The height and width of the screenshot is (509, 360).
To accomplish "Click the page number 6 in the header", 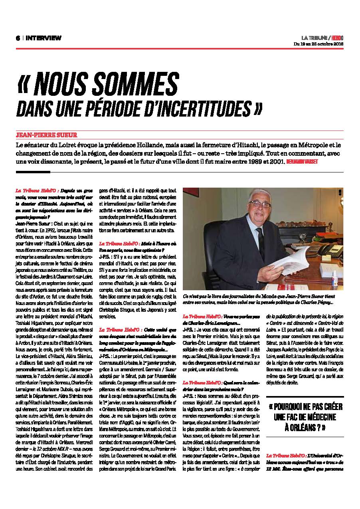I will coord(18,38).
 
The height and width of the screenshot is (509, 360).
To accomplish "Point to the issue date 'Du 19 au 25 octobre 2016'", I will coord(318,44).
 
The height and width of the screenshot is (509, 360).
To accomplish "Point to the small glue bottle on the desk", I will coord(334,275).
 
